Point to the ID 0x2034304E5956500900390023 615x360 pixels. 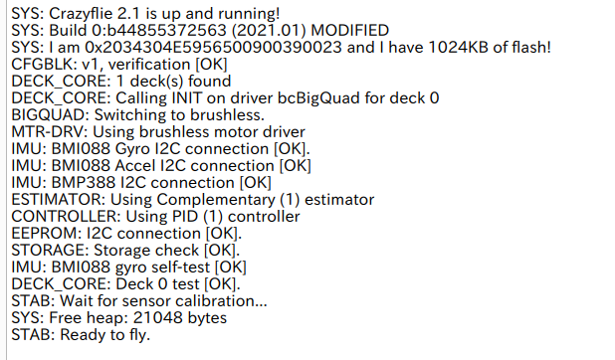pyautogui.click(x=213, y=48)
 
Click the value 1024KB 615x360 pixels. pyautogui.click(x=458, y=48)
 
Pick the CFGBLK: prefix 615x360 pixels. pyautogui.click(x=45, y=65)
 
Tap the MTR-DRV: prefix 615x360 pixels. pyautogui.click(x=50, y=131)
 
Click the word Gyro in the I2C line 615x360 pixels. pyautogui.click(x=132, y=149)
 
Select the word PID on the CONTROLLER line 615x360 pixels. pyautogui.click(x=185, y=217)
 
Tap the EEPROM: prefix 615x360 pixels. pyautogui.click(x=47, y=234)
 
